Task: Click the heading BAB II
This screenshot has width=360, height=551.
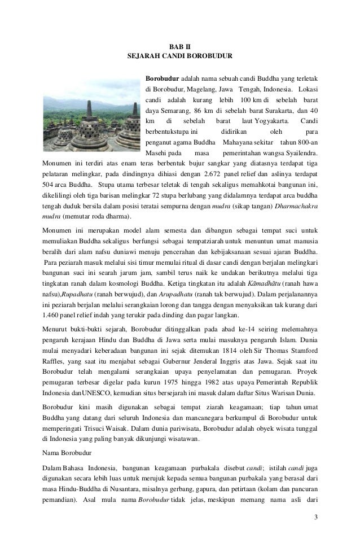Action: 180,45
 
